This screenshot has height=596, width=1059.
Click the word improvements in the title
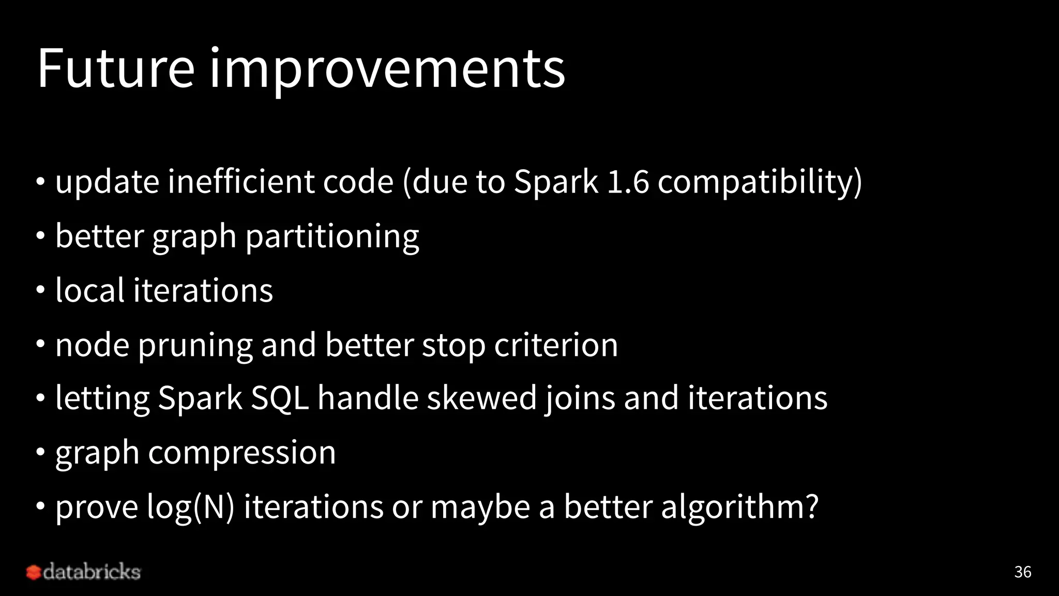[x=387, y=69]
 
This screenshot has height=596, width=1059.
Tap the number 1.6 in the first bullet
[x=627, y=182]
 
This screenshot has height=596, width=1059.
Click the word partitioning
[x=332, y=237]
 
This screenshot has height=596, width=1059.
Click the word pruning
[x=195, y=346]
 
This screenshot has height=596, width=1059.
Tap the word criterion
[x=556, y=345]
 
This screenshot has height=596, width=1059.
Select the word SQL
[x=280, y=398]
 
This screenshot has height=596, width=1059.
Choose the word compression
[x=242, y=453]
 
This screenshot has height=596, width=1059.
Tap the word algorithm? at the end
[x=740, y=507]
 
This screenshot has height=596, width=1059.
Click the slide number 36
[x=1022, y=572]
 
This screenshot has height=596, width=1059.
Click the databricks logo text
[x=92, y=572]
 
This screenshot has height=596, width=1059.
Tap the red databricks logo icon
[x=34, y=572]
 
